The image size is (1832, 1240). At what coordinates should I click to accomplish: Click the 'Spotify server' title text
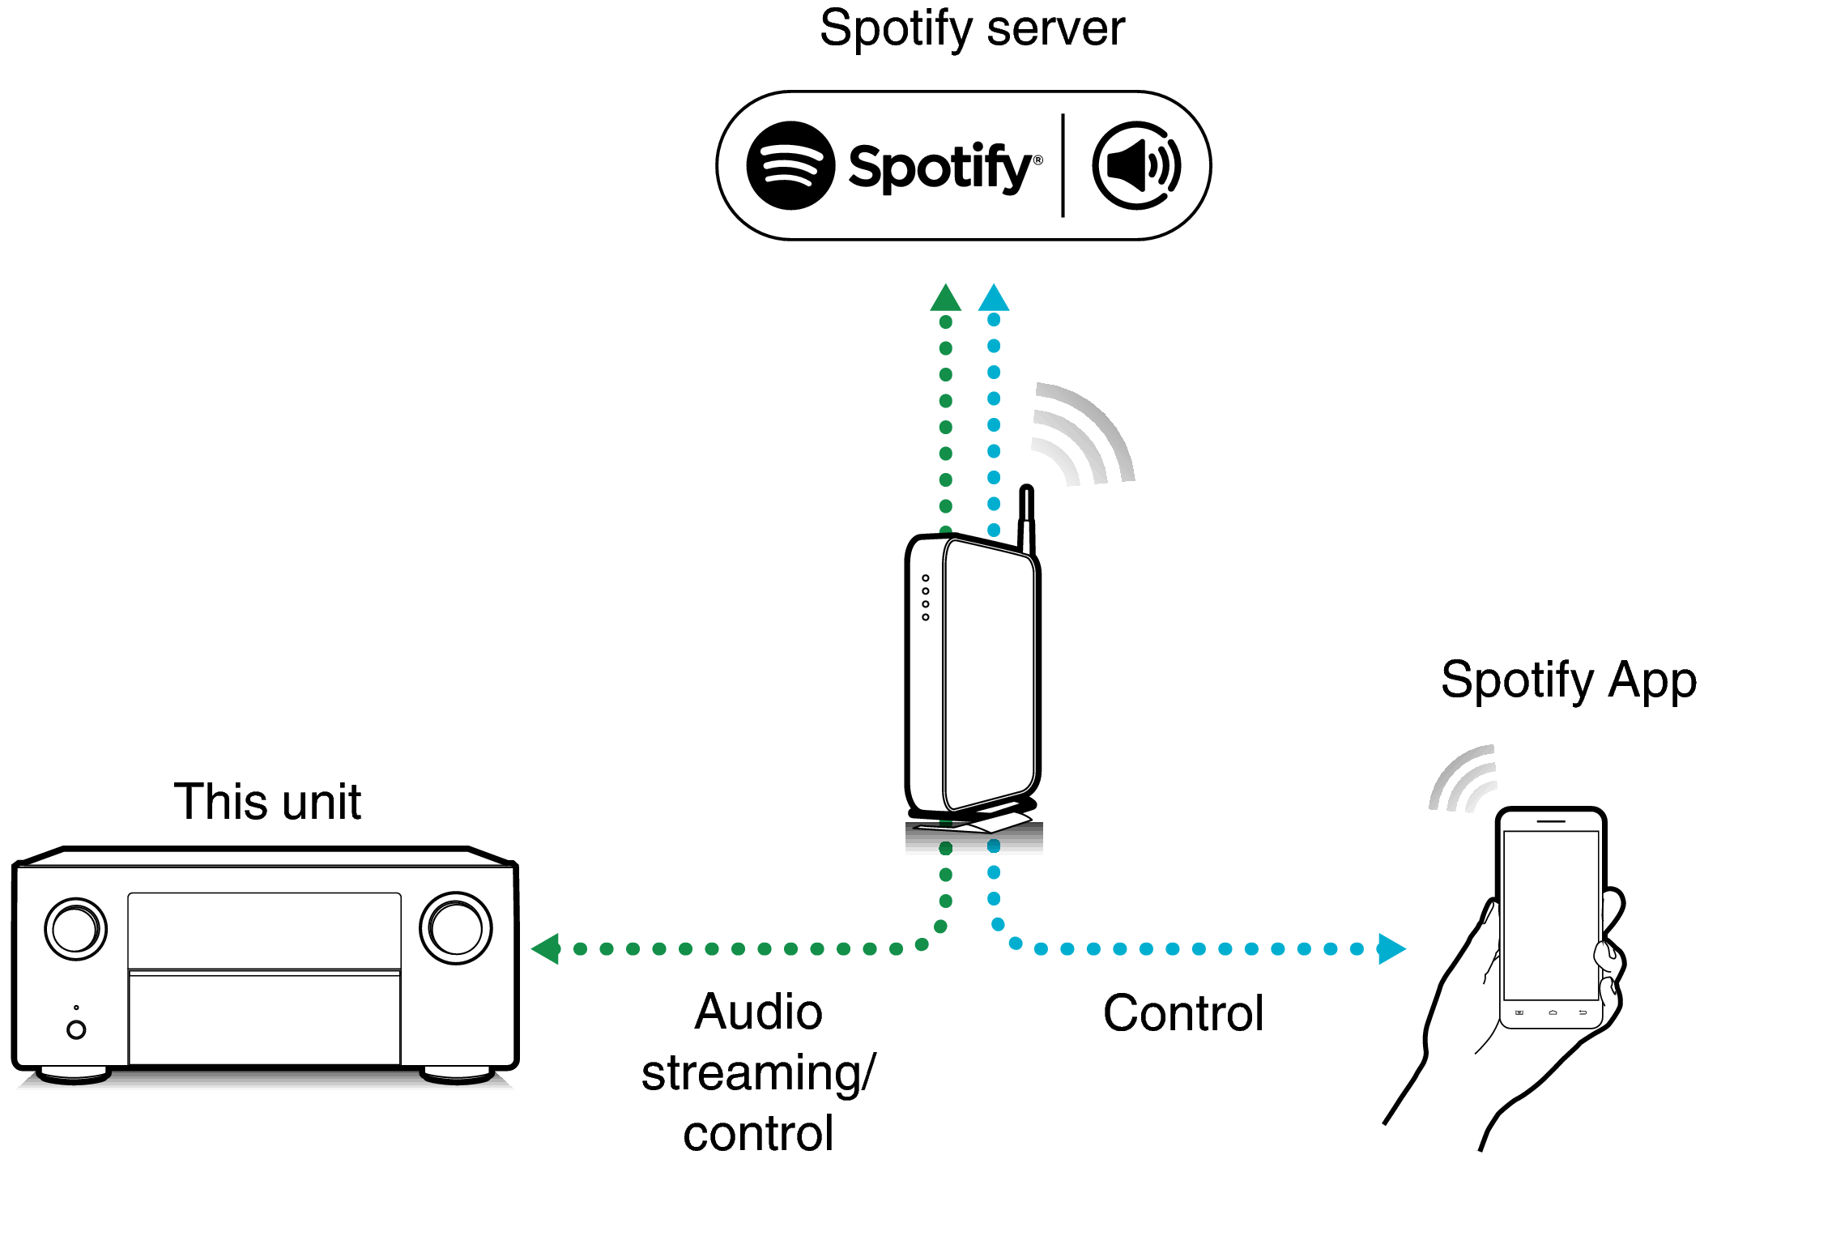971,29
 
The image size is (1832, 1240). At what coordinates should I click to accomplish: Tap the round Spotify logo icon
790,166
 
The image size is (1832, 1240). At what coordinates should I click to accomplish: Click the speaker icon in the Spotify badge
1136,166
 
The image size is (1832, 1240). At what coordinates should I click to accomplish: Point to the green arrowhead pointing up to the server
945,299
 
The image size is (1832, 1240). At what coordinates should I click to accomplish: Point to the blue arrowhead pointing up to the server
994,299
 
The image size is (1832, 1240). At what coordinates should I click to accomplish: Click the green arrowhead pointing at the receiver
547,948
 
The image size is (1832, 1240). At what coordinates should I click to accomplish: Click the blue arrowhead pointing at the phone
1390,948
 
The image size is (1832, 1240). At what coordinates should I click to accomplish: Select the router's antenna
1026,518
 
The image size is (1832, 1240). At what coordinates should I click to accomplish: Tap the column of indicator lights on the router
926,598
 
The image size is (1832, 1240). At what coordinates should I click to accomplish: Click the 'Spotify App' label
1568,680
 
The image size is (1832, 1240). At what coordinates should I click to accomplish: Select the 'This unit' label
266,802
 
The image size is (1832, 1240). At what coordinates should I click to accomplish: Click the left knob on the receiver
75,929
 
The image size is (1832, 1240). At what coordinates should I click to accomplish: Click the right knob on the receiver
455,928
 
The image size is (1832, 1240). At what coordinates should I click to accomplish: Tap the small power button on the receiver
76,1029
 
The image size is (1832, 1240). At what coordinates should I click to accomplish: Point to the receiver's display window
264,930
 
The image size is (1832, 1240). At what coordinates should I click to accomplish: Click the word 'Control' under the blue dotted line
1182,1013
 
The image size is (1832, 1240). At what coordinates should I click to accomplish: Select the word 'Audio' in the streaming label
758,1012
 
